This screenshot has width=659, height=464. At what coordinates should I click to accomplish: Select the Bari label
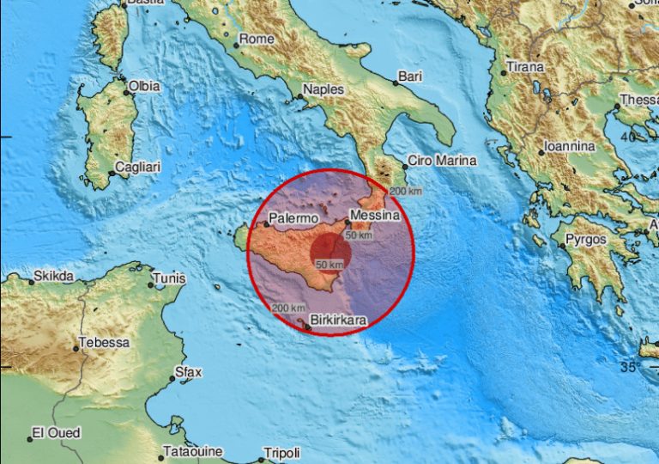pyautogui.click(x=411, y=77)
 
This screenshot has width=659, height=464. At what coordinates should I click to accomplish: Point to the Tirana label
pyautogui.click(x=524, y=67)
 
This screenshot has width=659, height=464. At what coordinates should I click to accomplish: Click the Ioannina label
pyautogui.click(x=569, y=146)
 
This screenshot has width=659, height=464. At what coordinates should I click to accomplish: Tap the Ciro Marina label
pyautogui.click(x=440, y=160)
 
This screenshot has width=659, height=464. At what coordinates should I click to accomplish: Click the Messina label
pyautogui.click(x=377, y=217)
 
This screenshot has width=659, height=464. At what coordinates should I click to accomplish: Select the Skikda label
pyautogui.click(x=52, y=277)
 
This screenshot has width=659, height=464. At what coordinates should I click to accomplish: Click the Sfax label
pyautogui.click(x=187, y=373)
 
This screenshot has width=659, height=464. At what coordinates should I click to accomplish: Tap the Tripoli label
pyautogui.click(x=283, y=453)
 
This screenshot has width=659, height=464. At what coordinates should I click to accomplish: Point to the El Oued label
pyautogui.click(x=56, y=432)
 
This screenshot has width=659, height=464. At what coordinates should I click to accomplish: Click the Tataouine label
pyautogui.click(x=193, y=451)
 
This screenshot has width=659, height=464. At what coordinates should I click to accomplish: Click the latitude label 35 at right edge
pyautogui.click(x=629, y=368)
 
